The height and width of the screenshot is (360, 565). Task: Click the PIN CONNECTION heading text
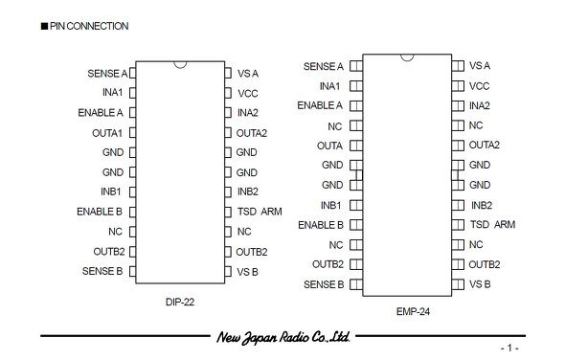89,26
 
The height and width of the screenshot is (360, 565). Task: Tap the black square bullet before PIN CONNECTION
44,26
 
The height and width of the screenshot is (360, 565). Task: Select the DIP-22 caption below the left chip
180,302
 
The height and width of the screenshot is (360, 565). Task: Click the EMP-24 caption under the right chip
413,312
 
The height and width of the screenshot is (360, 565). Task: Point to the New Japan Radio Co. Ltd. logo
283,337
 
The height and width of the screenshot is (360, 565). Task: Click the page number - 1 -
509,349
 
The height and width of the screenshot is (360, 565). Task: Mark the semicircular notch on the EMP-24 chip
407,58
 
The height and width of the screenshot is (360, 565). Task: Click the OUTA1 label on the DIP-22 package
107,133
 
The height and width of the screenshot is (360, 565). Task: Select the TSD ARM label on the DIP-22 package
260,212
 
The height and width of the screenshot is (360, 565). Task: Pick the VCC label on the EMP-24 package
479,86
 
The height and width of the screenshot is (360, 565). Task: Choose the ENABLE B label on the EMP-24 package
321,225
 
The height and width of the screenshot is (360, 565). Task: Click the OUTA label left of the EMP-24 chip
329,146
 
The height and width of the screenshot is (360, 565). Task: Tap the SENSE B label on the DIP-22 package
102,271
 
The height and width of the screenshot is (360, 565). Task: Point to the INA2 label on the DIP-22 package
248,113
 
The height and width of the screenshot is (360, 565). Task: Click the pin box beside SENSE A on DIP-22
132,73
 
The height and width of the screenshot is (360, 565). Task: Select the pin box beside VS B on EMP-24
458,284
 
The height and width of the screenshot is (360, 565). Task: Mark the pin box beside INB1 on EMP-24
356,205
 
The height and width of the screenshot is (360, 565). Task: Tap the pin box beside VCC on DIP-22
228,93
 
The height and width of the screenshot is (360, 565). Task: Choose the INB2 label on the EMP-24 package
482,206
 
